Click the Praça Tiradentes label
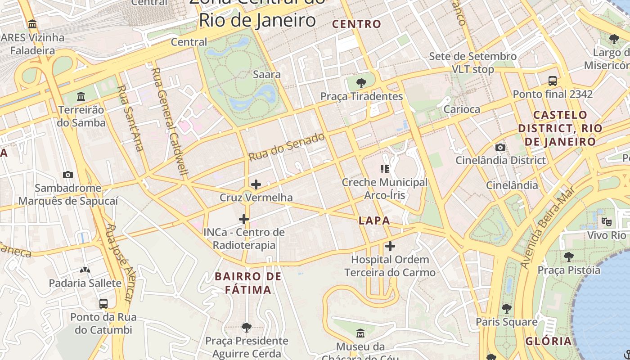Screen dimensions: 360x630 coord(361,96)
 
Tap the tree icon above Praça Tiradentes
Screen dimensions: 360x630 coord(360,83)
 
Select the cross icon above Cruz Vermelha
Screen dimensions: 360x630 coord(256,184)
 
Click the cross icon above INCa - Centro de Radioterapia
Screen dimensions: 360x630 coord(244,219)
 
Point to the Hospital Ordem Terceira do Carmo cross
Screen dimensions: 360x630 coord(390,246)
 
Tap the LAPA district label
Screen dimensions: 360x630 coord(374,220)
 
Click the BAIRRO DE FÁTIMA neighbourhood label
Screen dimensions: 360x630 coord(248,283)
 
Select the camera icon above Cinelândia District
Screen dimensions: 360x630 coord(500,147)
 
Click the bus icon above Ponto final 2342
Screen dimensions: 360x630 coord(553,81)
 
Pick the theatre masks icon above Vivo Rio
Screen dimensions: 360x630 coord(607,222)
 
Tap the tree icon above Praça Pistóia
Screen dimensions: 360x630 coord(569,257)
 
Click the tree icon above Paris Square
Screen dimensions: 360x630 coord(507,309)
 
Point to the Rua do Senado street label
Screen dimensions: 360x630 coord(287,147)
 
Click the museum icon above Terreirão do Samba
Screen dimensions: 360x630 coord(81,96)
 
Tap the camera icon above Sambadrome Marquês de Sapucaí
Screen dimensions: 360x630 coord(68,175)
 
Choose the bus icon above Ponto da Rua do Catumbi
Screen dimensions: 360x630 coord(103,303)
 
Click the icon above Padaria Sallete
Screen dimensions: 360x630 coord(85,270)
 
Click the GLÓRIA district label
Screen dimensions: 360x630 coord(549,341)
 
